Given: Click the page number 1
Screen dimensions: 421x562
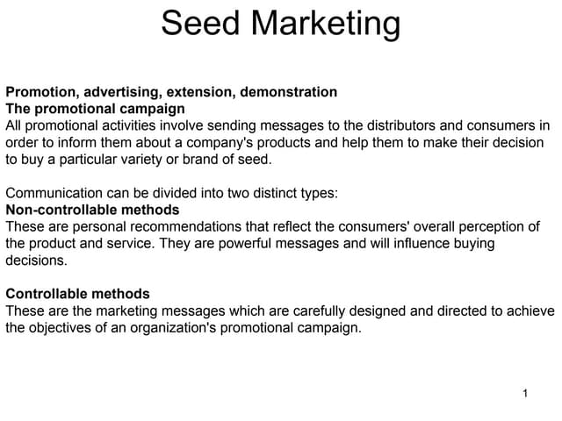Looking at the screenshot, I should tap(524, 393).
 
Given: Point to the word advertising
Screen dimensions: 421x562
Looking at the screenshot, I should tap(119, 92).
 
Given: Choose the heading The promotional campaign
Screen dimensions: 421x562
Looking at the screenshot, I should tap(95, 109).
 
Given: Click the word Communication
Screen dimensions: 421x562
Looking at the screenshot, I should tap(52, 193).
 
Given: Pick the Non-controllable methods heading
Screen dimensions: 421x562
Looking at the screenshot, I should tap(92, 210).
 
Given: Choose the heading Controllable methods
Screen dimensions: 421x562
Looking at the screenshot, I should tap(77, 294).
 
